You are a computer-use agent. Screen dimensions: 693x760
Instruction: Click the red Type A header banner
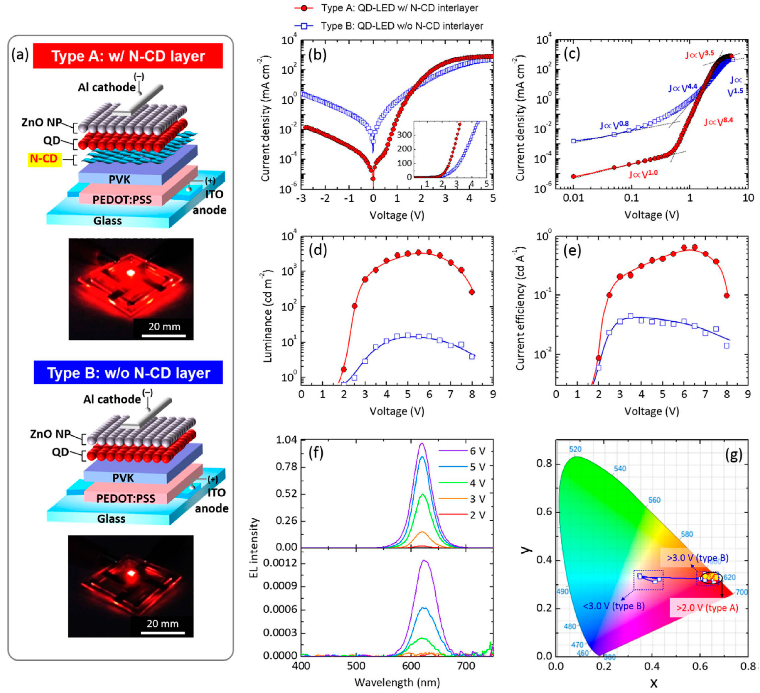[128, 56]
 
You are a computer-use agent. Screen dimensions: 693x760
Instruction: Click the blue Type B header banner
[128, 373]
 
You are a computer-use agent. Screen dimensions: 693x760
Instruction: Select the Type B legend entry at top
[388, 26]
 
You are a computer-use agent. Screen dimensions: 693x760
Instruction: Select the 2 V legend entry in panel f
[462, 515]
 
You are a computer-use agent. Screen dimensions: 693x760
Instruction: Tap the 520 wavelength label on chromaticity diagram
[575, 449]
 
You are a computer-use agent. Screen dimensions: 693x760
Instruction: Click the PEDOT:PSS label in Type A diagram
[122, 200]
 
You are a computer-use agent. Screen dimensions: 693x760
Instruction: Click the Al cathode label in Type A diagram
[107, 88]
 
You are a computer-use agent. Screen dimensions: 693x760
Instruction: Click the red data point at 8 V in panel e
[726, 296]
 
